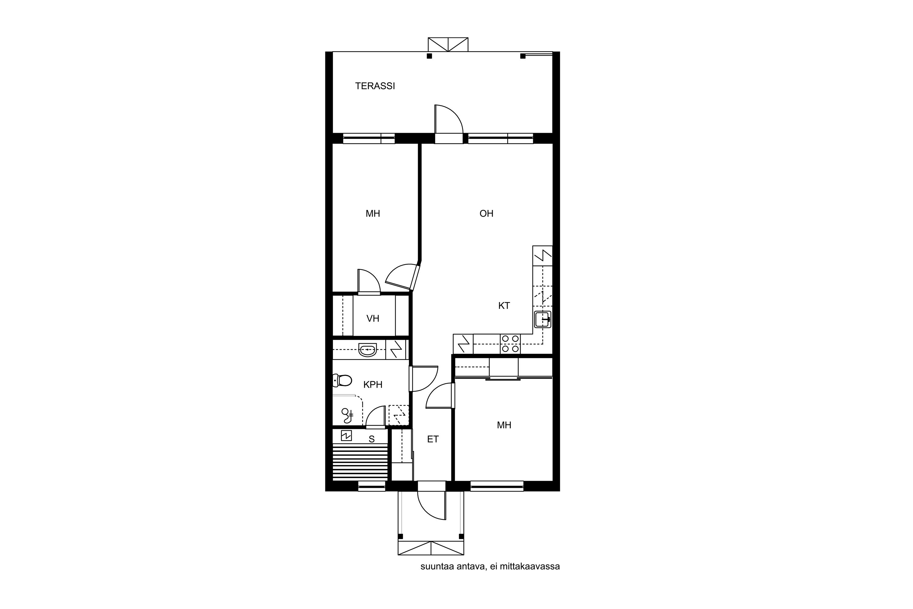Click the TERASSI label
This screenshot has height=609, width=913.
click(x=375, y=86)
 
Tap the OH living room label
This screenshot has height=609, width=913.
click(x=486, y=213)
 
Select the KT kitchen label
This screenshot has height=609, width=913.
click(x=504, y=306)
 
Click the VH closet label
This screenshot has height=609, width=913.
click(x=373, y=319)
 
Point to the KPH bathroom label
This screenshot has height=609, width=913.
click(x=373, y=385)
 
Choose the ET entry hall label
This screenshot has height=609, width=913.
click(x=433, y=439)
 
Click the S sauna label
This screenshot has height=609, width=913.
click(x=372, y=439)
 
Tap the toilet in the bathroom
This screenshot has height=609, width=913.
click(x=342, y=380)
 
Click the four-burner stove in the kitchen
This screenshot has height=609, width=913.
click(x=510, y=344)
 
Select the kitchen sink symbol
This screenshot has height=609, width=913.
click(x=543, y=319)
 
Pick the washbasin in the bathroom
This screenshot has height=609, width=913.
click(x=368, y=350)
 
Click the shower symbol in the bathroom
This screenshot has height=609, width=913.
click(x=347, y=415)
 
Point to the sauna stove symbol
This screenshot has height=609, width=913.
click(x=346, y=436)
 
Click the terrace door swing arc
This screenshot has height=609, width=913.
click(x=455, y=113)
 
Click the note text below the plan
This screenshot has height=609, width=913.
click(x=490, y=566)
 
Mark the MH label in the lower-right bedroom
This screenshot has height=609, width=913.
click(x=504, y=425)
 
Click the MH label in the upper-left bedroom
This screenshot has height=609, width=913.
click(x=373, y=213)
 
